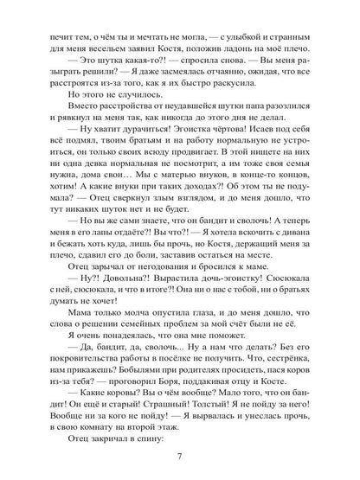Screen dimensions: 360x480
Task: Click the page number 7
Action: coord(179,455)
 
